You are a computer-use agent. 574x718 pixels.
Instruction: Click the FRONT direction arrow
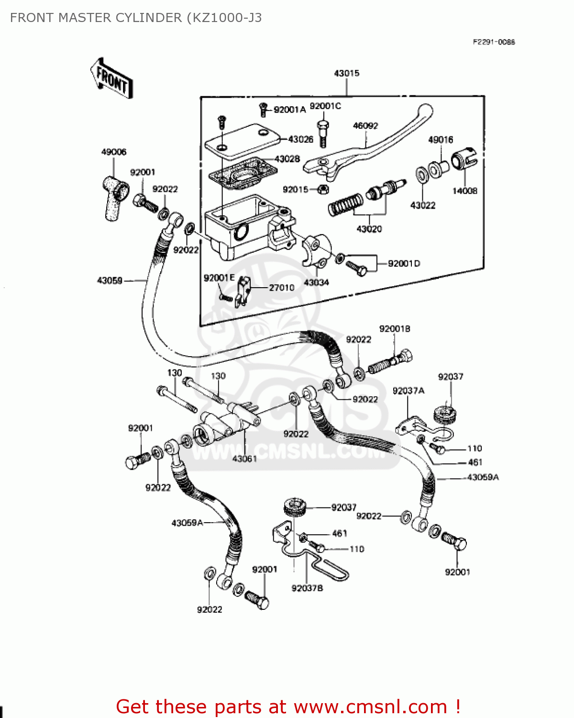pos(111,79)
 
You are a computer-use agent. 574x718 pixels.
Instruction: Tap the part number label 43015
pos(346,73)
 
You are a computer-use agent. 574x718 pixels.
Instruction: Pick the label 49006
pos(114,152)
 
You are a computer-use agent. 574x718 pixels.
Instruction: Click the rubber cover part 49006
pos(115,197)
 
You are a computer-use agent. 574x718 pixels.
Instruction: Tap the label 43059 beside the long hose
pos(110,280)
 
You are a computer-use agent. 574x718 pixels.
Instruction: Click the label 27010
pos(281,288)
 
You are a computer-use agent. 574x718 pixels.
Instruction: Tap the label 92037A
pos(408,391)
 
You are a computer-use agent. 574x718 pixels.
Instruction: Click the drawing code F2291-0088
pos(494,42)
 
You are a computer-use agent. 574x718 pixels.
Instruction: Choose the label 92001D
pos(404,264)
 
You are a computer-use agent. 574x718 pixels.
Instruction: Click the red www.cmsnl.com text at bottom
pos(370,707)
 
